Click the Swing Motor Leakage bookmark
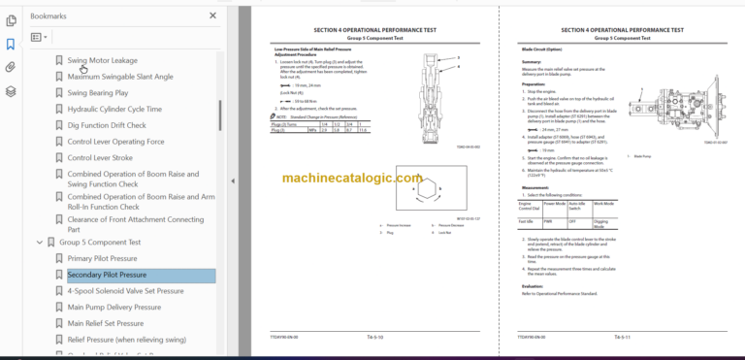(102, 60)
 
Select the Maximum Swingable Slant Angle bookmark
(119, 77)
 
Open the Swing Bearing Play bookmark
(97, 93)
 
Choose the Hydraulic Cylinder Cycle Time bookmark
(114, 110)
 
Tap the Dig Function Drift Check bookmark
(107, 125)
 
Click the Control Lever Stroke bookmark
(101, 157)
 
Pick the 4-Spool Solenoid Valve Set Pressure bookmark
(125, 291)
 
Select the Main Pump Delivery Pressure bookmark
(113, 308)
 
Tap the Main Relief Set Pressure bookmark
(106, 324)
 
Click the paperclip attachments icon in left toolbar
(11, 67)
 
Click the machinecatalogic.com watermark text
(353, 179)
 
